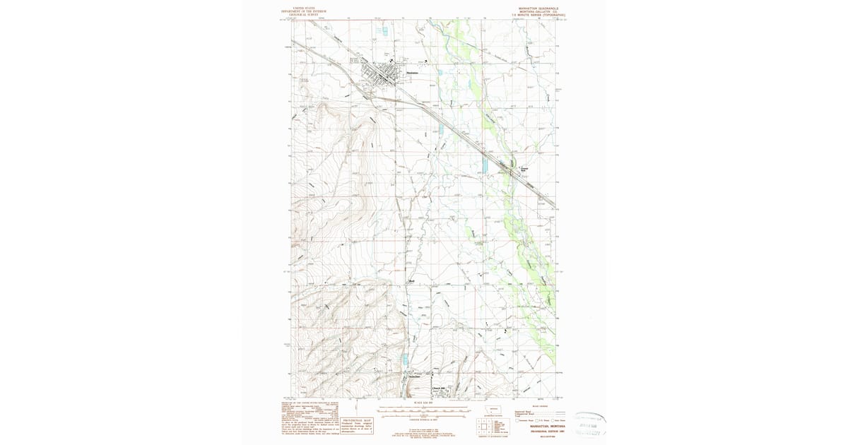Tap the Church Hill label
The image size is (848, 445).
click(439, 388)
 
